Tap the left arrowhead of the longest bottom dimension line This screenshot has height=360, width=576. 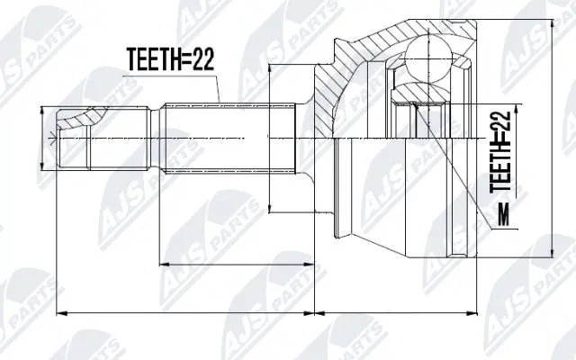pyautogui.click(x=59, y=312)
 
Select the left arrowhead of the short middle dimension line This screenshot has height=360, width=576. pyautogui.click(x=163, y=265)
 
